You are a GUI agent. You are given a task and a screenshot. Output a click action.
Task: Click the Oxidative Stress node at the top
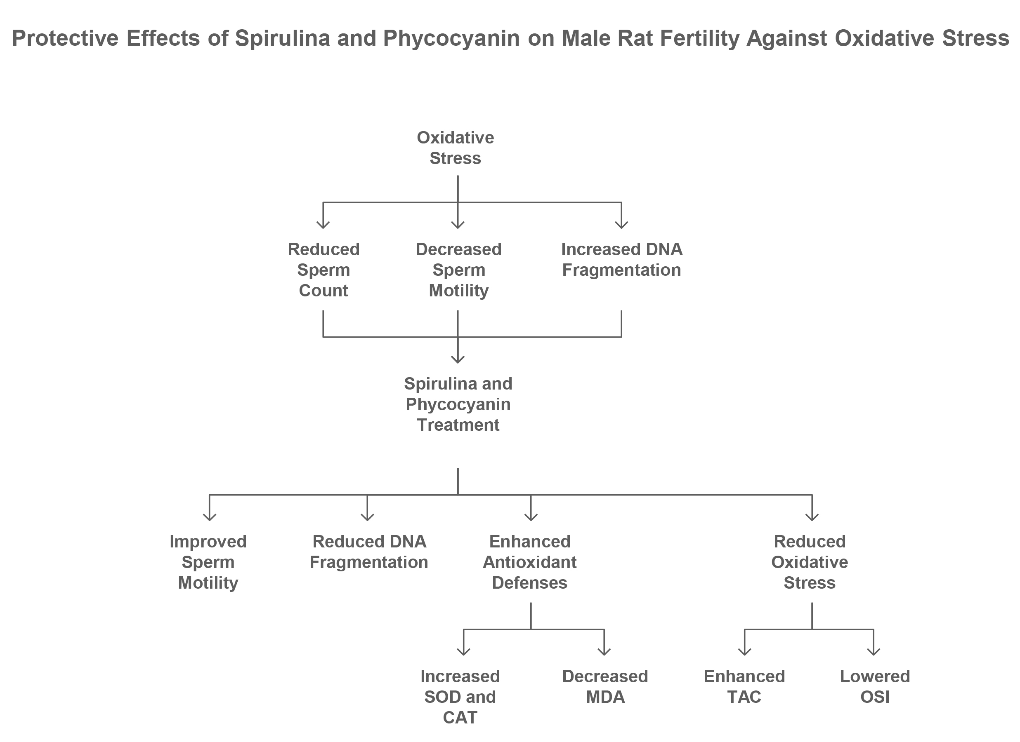tap(455, 148)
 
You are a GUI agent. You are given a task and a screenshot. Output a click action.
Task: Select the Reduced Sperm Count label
tap(323, 270)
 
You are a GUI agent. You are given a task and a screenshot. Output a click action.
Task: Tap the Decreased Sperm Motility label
tap(458, 270)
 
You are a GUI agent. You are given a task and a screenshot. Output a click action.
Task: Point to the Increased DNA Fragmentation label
tap(621, 259)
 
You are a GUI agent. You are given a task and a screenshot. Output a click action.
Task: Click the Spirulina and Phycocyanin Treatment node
tap(458, 404)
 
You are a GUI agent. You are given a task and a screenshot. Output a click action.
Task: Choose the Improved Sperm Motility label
tap(208, 562)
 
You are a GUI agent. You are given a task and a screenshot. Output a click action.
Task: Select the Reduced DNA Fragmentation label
tap(369, 552)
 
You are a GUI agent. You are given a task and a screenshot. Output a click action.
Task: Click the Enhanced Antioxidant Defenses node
tap(530, 562)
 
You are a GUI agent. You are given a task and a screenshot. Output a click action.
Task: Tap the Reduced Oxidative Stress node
tap(810, 562)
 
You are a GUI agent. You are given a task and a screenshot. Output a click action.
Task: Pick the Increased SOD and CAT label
tap(460, 697)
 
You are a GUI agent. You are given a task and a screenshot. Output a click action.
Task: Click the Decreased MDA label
tap(605, 686)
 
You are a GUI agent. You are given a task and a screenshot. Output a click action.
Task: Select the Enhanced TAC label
tap(744, 686)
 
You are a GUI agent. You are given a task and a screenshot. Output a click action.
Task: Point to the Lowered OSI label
tap(875, 686)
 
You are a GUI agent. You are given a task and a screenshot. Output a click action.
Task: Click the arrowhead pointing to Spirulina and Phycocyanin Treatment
tap(458, 359)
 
